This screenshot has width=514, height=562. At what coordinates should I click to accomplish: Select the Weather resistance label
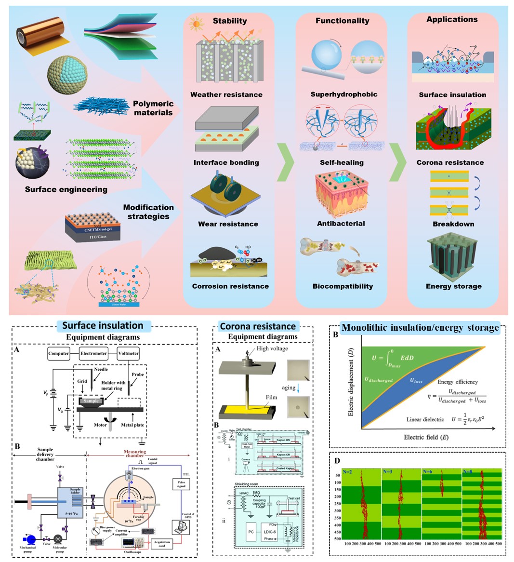coord(226,94)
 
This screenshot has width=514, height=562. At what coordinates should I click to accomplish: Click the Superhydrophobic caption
coord(343,94)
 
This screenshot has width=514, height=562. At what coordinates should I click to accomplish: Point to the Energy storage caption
coord(453,286)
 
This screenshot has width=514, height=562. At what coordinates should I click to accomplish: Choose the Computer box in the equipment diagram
coord(59,353)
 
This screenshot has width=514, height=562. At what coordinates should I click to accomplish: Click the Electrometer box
coord(94,353)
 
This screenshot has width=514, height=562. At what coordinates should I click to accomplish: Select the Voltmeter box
coord(129,353)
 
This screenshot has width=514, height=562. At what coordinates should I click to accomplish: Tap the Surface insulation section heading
coord(103,326)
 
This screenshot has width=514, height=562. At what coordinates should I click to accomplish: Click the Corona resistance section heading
coord(258,326)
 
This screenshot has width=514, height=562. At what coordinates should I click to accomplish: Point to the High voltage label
coord(272,348)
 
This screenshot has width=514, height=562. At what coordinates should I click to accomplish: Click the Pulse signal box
coord(181,484)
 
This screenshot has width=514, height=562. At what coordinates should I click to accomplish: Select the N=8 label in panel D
coord(467,471)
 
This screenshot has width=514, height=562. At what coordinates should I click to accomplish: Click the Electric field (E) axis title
coord(426,437)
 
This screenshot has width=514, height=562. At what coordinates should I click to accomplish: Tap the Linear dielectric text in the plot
coord(425,419)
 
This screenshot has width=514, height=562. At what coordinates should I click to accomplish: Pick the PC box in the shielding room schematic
coord(251,532)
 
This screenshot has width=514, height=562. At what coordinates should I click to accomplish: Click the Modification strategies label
coord(148,212)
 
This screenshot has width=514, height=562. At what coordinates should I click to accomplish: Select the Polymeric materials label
coord(153,108)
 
